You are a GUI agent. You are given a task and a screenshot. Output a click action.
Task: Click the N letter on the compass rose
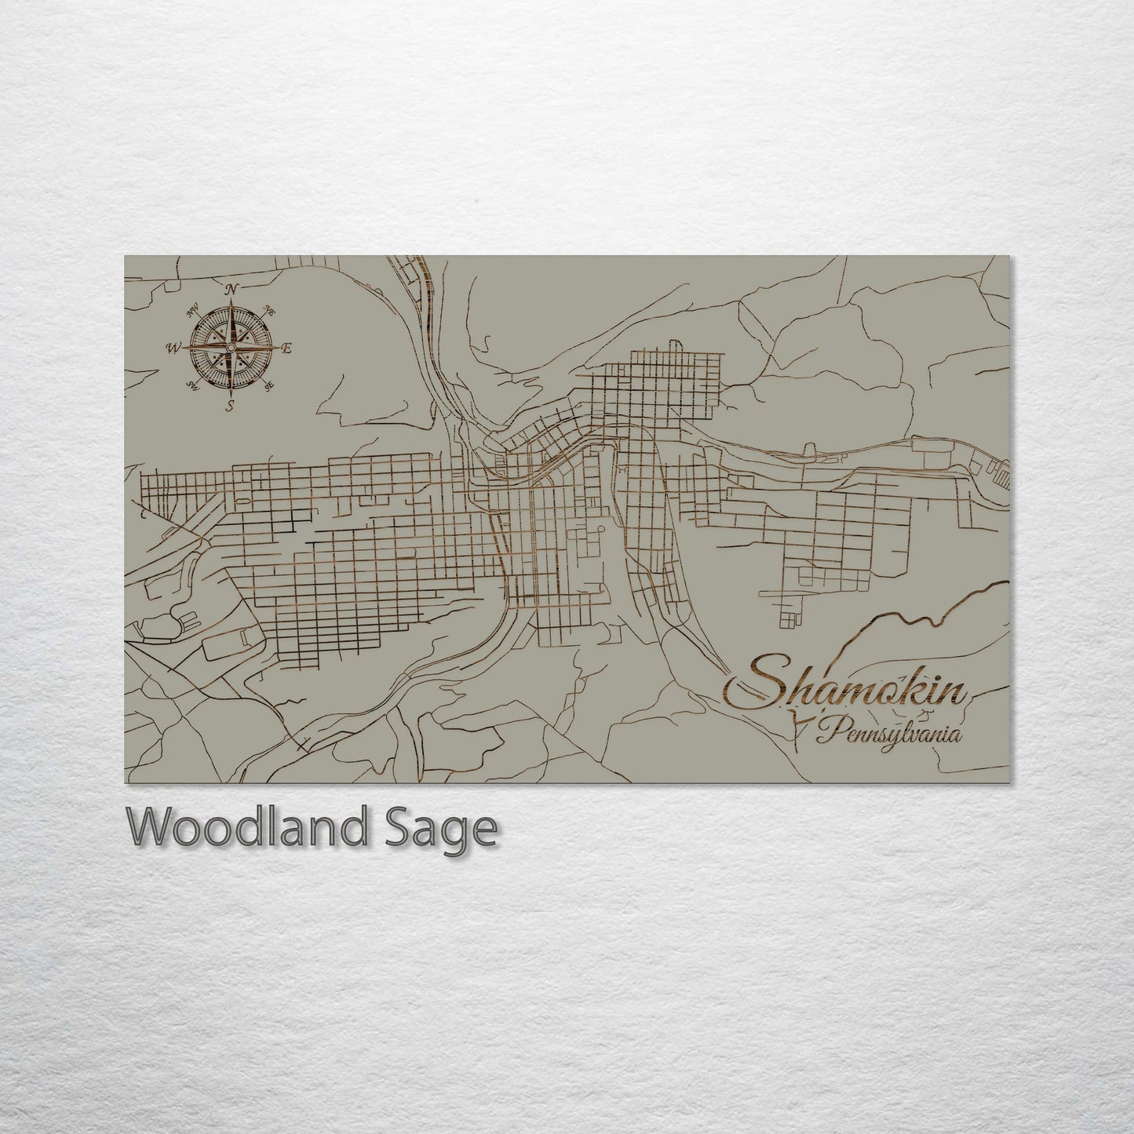coord(232,290)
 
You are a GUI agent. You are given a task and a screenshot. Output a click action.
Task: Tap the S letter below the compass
coord(230,405)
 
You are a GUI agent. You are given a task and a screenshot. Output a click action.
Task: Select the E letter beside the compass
coord(286,348)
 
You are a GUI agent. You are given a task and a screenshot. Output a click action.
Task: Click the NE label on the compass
coord(270,309)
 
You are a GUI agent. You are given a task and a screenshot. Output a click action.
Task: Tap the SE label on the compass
coord(270,385)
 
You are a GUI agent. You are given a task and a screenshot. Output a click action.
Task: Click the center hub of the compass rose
coord(231,348)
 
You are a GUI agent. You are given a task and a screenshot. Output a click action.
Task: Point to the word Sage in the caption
coord(447,829)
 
